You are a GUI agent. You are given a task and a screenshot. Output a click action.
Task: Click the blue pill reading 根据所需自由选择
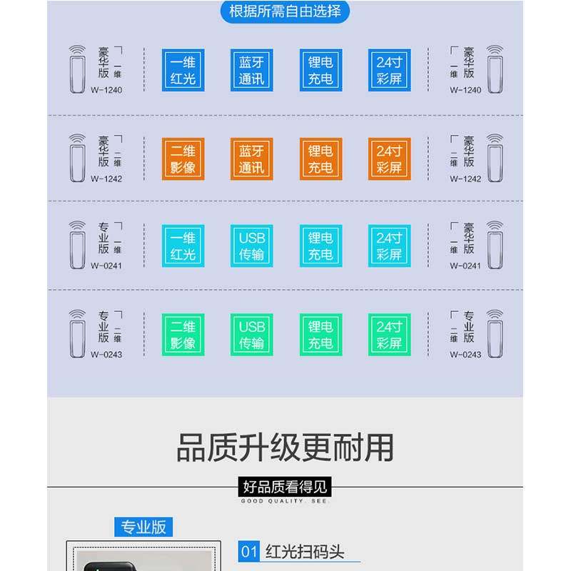pyautogui.click(x=285, y=11)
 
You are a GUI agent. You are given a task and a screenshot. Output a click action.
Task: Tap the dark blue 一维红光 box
pyautogui.click(x=183, y=70)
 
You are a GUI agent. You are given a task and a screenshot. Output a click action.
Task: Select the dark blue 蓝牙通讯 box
pyautogui.click(x=252, y=70)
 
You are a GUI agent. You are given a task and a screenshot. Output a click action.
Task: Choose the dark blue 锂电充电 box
pyautogui.click(x=320, y=70)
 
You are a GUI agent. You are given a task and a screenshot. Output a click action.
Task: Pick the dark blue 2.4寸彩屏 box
pyautogui.click(x=389, y=70)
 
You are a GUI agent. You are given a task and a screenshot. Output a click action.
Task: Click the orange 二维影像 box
pyautogui.click(x=183, y=158)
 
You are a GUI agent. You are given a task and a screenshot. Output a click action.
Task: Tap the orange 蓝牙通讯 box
pyautogui.click(x=252, y=158)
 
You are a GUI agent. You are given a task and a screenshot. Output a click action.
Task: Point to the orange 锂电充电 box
pyautogui.click(x=320, y=158)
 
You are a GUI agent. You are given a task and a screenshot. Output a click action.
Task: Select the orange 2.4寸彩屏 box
pyautogui.click(x=389, y=158)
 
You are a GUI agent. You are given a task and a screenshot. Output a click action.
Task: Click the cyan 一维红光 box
pyautogui.click(x=183, y=246)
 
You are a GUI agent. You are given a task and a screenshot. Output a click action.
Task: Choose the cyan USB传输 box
pyautogui.click(x=252, y=246)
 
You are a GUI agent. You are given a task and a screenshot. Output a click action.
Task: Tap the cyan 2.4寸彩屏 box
pyautogui.click(x=389, y=246)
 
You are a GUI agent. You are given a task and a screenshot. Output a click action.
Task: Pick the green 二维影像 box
pyautogui.click(x=183, y=335)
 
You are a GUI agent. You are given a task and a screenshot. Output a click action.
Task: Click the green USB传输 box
pyautogui.click(x=252, y=335)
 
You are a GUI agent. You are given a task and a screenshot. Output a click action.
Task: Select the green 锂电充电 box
pyautogui.click(x=320, y=335)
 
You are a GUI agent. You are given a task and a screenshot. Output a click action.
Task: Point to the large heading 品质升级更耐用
pyautogui.click(x=285, y=448)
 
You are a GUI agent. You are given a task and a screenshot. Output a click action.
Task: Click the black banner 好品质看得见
pyautogui.click(x=285, y=487)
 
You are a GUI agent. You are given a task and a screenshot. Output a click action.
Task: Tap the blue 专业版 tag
pyautogui.click(x=143, y=527)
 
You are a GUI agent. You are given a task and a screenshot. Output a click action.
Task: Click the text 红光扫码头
pyautogui.click(x=305, y=552)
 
